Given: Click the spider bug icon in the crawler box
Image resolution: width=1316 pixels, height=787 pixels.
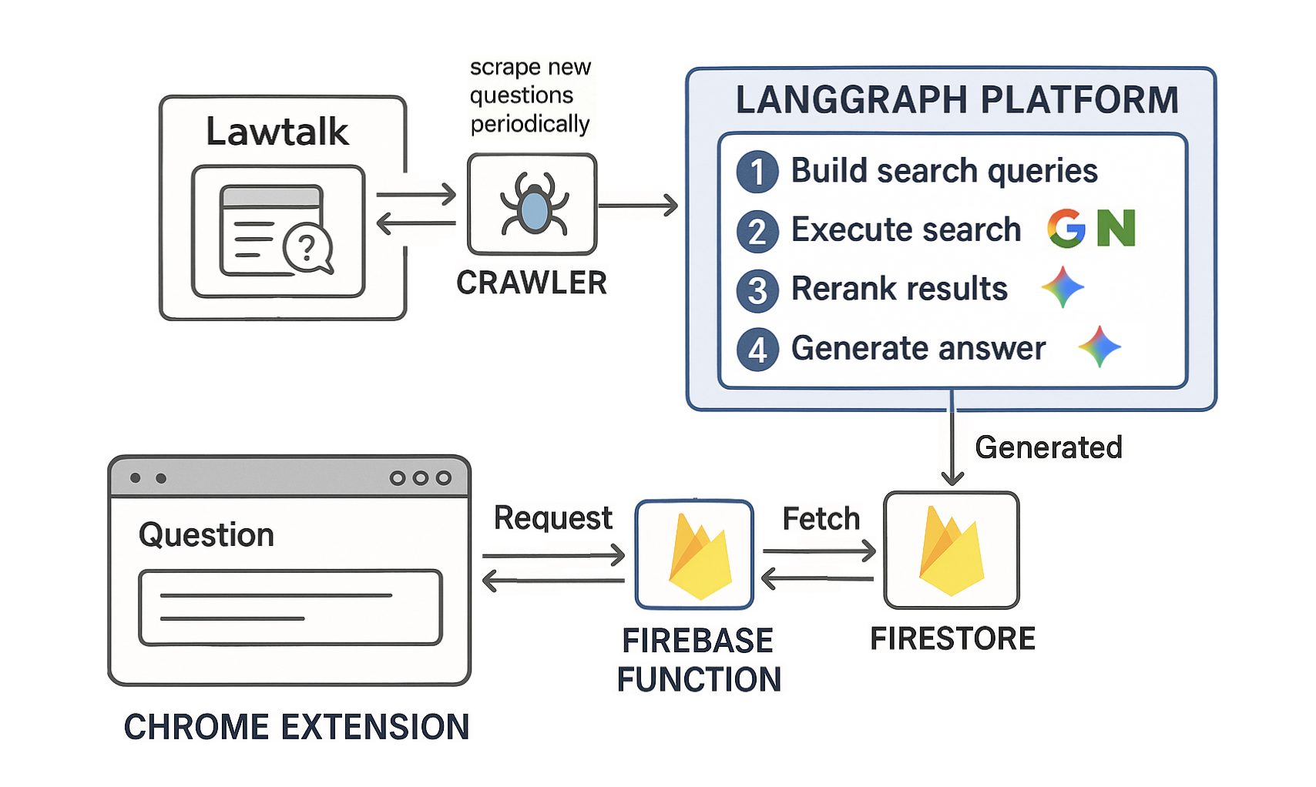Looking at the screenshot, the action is click(x=533, y=204).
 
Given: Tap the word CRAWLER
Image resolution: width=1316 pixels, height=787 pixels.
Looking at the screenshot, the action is click(x=532, y=283).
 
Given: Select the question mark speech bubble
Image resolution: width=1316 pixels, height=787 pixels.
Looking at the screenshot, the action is click(x=308, y=248).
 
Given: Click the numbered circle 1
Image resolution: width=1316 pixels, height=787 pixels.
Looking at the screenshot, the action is click(x=757, y=172).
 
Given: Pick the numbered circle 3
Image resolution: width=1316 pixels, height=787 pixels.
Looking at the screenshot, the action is click(x=757, y=291).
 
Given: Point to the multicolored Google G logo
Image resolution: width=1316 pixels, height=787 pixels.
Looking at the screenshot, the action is click(x=1066, y=229).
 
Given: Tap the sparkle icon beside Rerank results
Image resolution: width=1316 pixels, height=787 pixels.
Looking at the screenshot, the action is click(x=1063, y=287).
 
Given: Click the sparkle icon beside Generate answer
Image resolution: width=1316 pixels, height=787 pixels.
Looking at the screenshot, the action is click(x=1099, y=347).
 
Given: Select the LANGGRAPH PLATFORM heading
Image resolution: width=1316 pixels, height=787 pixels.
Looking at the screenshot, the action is click(x=957, y=100).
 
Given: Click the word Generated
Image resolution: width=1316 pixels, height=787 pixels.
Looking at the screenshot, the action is click(x=1049, y=447).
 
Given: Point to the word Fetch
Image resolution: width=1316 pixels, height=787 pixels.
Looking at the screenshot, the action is click(x=821, y=518).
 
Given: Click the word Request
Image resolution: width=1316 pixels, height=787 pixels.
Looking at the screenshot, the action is click(x=553, y=518).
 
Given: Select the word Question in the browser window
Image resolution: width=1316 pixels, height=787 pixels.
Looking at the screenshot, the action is click(x=206, y=535).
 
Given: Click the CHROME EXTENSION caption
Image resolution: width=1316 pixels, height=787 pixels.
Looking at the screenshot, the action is click(x=297, y=727).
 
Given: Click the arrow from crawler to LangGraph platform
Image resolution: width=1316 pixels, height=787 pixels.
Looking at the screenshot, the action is click(x=638, y=206).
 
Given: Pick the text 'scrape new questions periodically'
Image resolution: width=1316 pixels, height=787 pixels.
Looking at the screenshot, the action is click(x=530, y=95).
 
